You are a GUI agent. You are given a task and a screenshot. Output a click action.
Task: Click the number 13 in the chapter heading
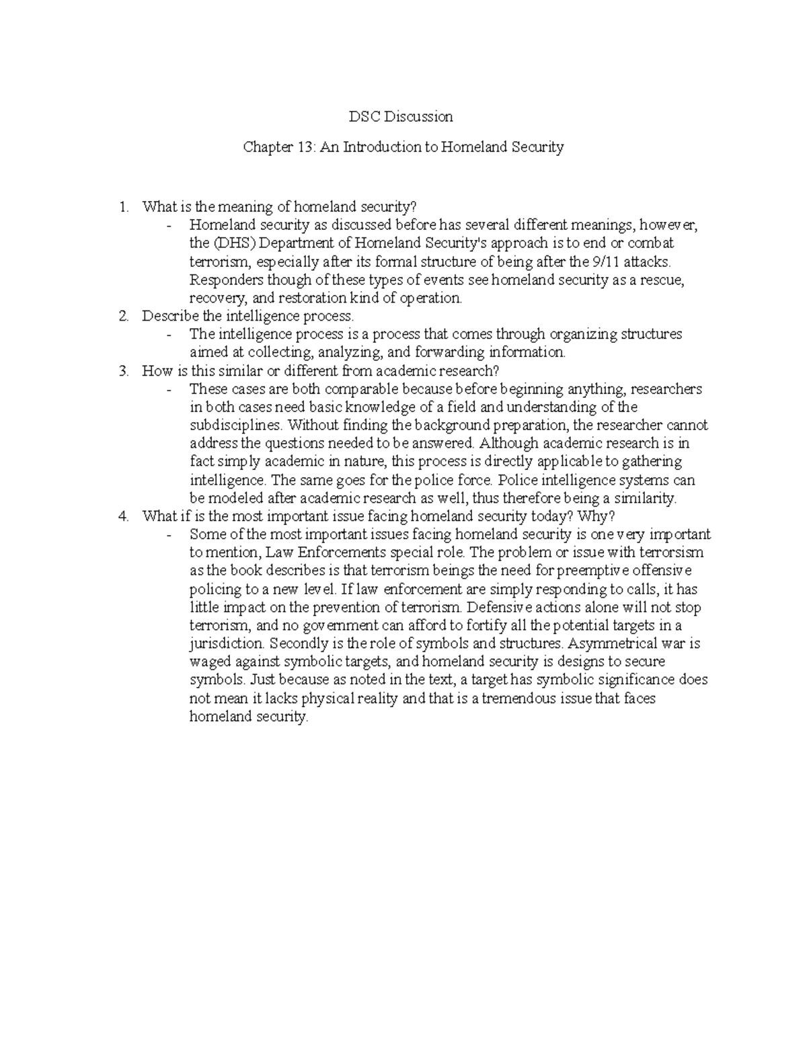[x=301, y=147]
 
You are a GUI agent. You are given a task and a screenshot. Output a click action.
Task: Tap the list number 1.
[x=122, y=206]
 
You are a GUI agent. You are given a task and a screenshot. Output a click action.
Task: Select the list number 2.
[x=122, y=316]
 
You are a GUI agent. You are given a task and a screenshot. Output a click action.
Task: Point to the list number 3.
[x=122, y=370]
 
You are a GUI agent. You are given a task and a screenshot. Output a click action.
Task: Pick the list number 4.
[x=122, y=516]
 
